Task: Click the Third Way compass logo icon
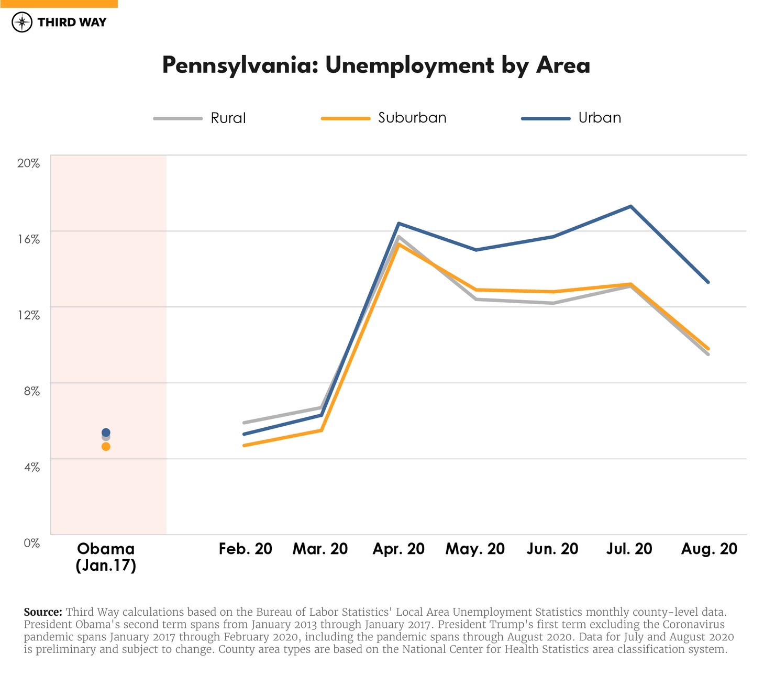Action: tap(22, 23)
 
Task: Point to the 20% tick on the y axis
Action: tap(29, 163)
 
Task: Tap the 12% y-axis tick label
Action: tap(29, 315)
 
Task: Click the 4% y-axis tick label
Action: tap(31, 467)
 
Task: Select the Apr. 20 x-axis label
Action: tap(398, 549)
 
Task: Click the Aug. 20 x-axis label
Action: tap(709, 549)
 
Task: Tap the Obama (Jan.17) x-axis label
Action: tap(106, 557)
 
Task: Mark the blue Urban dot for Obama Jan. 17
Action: tap(106, 432)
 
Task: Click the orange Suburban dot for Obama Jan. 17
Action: tap(106, 447)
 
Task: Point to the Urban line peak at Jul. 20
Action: tap(631, 206)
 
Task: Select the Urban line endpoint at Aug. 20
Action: tap(708, 282)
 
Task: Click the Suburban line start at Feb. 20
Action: tap(244, 446)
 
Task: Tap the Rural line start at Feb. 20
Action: tap(244, 423)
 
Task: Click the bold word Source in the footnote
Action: tap(43, 612)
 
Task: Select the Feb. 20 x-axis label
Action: tap(245, 549)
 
